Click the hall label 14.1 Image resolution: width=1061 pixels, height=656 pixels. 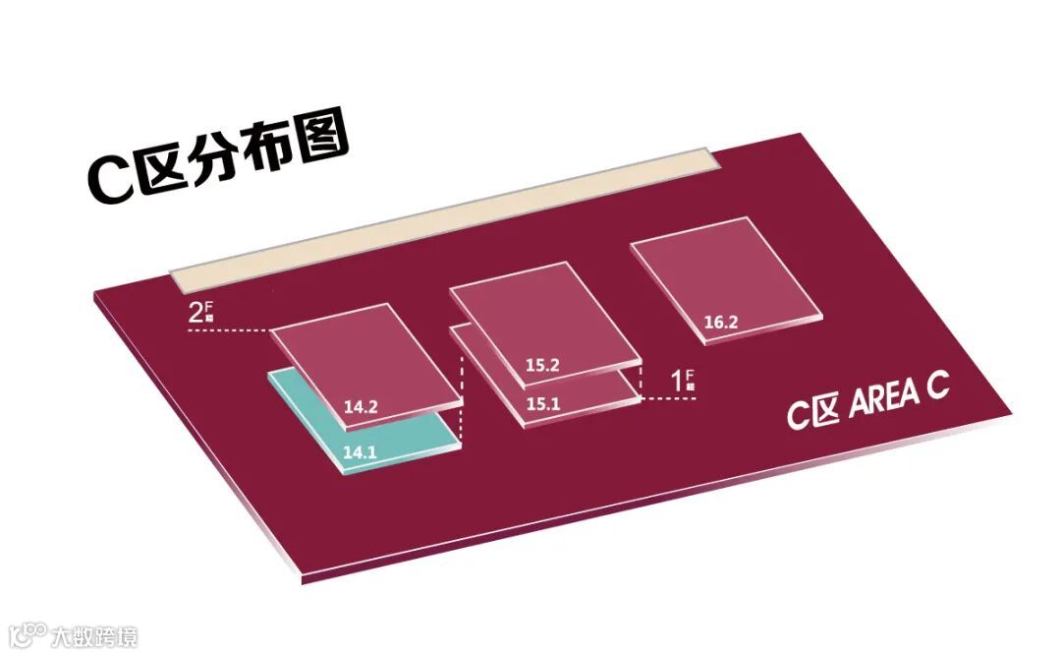pos(360,453)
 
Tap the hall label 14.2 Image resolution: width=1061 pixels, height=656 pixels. pos(361,404)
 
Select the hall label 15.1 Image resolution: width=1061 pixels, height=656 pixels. pos(541,403)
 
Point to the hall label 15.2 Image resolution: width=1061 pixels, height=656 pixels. pos(541,366)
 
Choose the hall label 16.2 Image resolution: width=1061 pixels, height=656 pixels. pos(722,321)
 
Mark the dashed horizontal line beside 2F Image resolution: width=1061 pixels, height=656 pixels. pos(228,331)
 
